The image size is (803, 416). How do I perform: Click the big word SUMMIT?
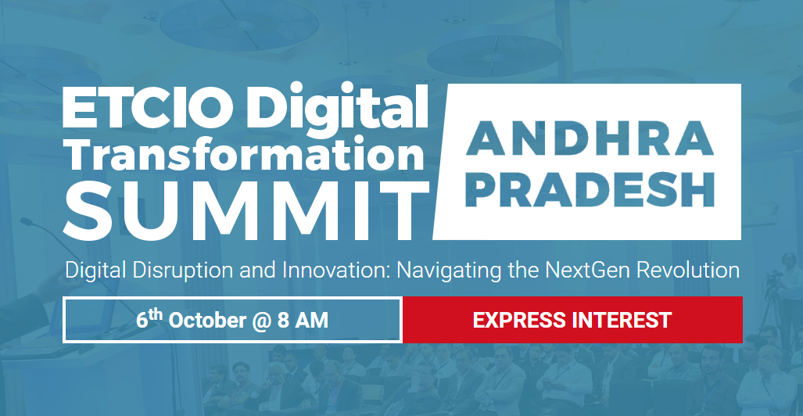click(x=246, y=208)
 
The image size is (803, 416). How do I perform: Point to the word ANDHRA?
click(x=590, y=138)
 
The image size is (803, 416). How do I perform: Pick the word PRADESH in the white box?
click(x=590, y=189)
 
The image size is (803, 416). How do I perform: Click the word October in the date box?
click(x=207, y=321)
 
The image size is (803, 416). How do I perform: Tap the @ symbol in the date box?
click(x=262, y=321)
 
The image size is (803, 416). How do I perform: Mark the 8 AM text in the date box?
click(x=303, y=321)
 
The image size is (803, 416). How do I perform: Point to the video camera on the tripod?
click(x=773, y=279)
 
